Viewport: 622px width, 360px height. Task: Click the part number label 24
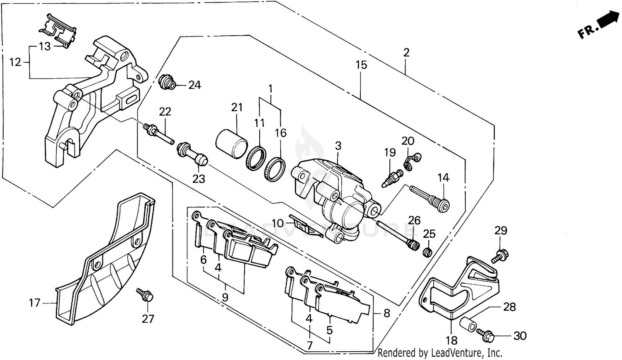[x=194, y=85]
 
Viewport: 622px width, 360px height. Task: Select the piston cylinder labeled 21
[x=231, y=144]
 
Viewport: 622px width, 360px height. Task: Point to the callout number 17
[x=35, y=303]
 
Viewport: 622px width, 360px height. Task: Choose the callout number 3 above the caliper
[x=338, y=146]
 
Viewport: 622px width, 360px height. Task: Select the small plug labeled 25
[x=427, y=252]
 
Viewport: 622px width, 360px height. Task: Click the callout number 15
[x=361, y=65]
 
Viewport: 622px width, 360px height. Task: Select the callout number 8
[x=386, y=314]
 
